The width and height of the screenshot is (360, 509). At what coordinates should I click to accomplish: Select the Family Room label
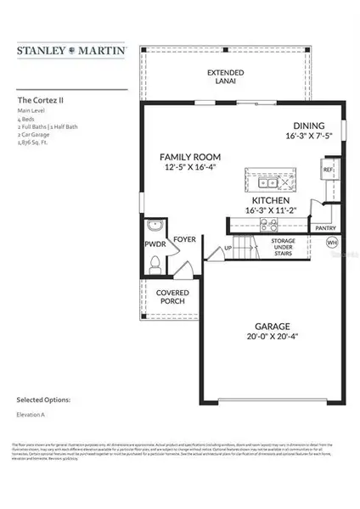193,157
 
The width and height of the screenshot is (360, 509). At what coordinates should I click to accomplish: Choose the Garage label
273,326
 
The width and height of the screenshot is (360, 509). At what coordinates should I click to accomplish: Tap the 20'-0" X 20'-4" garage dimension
273,337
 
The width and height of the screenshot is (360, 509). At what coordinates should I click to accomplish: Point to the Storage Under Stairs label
283,246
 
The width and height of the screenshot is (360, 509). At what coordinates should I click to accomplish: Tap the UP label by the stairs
228,248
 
